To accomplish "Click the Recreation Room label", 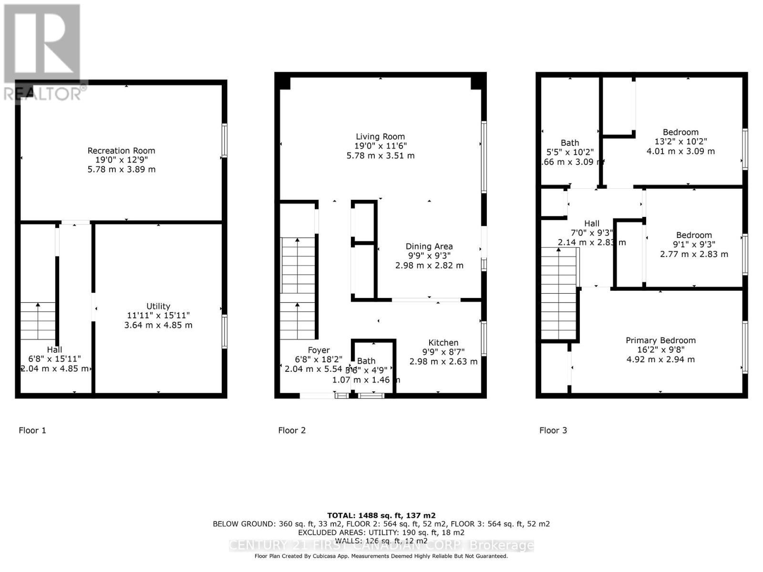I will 121,151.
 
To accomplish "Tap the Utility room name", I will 158,306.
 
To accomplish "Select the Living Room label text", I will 380,137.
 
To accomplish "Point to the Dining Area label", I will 429,246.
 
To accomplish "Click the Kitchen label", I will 443,343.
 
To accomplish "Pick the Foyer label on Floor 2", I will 319,350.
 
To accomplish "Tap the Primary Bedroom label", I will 660,340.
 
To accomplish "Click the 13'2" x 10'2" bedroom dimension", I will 681,142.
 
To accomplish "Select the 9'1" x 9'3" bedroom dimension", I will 694,245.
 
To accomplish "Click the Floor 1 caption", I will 32,430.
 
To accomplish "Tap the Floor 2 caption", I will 292,430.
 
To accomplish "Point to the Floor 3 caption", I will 553,430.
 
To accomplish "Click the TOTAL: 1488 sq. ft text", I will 381,515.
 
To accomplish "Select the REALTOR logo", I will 43,52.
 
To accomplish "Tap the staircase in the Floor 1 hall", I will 38,321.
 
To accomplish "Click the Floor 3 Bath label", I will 570,143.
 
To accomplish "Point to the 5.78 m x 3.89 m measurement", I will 121,170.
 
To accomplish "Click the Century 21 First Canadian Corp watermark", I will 381,545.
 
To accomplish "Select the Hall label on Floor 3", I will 592,224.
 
